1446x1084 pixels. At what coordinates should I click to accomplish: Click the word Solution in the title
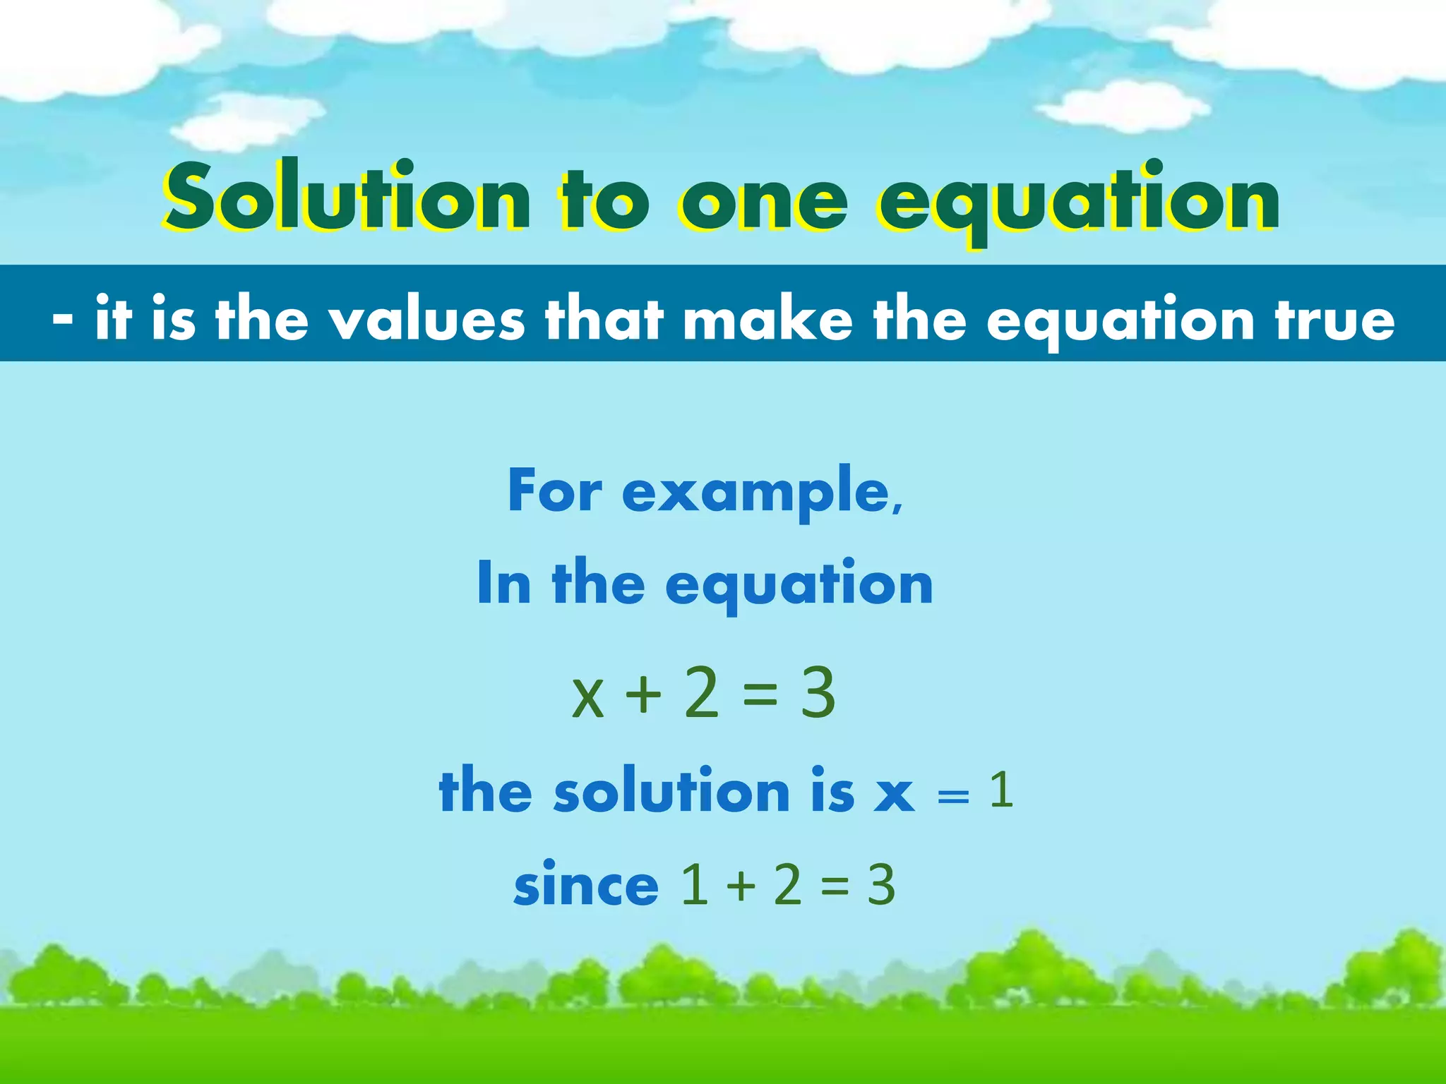346,199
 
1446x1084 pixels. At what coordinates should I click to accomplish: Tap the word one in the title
763,200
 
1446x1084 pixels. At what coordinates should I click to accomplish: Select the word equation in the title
1077,202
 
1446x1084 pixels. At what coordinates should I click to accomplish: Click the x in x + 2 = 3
588,696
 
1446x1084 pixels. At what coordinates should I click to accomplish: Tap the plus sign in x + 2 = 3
643,694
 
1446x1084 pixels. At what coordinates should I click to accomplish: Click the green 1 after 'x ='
1001,790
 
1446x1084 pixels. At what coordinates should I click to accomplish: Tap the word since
586,885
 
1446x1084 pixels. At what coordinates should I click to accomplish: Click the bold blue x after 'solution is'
894,793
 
